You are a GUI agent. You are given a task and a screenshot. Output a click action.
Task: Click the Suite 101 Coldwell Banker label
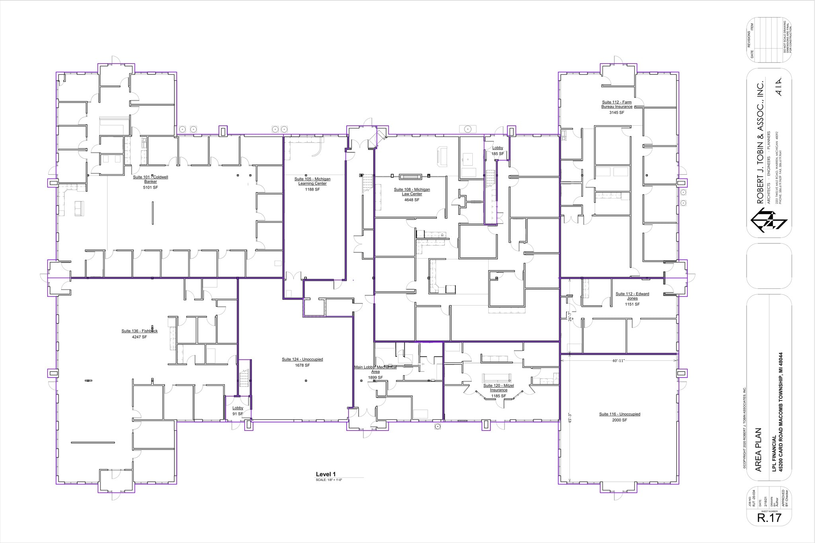pyautogui.click(x=150, y=179)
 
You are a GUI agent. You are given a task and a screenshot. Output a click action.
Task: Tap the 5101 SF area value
pyautogui.click(x=150, y=187)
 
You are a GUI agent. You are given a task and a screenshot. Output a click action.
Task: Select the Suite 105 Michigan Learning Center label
pyautogui.click(x=312, y=181)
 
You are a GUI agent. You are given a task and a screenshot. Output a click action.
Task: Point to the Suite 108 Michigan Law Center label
pyautogui.click(x=412, y=192)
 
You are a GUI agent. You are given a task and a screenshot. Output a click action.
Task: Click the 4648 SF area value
pyautogui.click(x=412, y=200)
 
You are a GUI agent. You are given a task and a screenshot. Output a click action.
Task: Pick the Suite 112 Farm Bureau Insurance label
pyautogui.click(x=617, y=104)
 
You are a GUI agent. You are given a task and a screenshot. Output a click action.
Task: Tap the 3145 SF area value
pyautogui.click(x=617, y=113)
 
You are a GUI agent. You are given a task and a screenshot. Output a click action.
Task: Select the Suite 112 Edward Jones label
pyautogui.click(x=632, y=296)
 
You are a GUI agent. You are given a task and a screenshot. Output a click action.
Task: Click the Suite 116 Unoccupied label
pyautogui.click(x=620, y=414)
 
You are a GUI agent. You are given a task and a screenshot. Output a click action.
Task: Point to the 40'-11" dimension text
pyautogui.click(x=619, y=361)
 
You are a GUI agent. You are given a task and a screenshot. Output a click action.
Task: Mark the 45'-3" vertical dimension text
pyautogui.click(x=570, y=417)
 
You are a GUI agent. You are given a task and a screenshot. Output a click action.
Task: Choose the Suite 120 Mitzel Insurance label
pyautogui.click(x=499, y=388)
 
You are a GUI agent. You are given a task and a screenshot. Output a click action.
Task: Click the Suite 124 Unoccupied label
pyautogui.click(x=302, y=359)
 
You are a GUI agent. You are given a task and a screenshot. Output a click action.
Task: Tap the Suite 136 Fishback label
pyautogui.click(x=140, y=331)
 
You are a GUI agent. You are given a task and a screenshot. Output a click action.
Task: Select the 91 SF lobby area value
pyautogui.click(x=238, y=414)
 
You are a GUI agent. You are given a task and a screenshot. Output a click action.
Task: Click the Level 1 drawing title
pyautogui.click(x=326, y=474)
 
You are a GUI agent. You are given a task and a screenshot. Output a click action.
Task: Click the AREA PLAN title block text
pyautogui.click(x=758, y=450)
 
